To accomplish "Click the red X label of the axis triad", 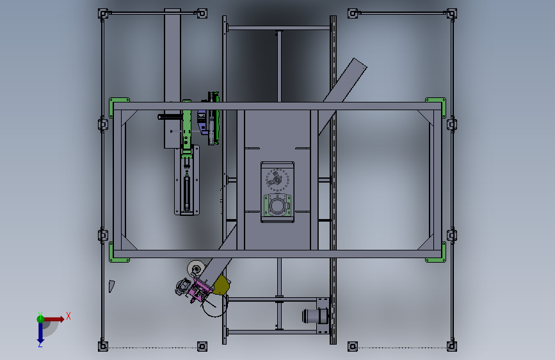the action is pyautogui.click(x=68, y=316).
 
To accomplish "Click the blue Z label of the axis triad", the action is pyautogui.click(x=40, y=345).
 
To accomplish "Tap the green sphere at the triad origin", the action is pyautogui.click(x=40, y=319).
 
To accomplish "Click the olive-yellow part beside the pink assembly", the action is pyautogui.click(x=222, y=285).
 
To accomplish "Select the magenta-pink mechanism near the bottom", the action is pyautogui.click(x=200, y=291).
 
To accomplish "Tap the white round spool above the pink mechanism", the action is pyautogui.click(x=195, y=269).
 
